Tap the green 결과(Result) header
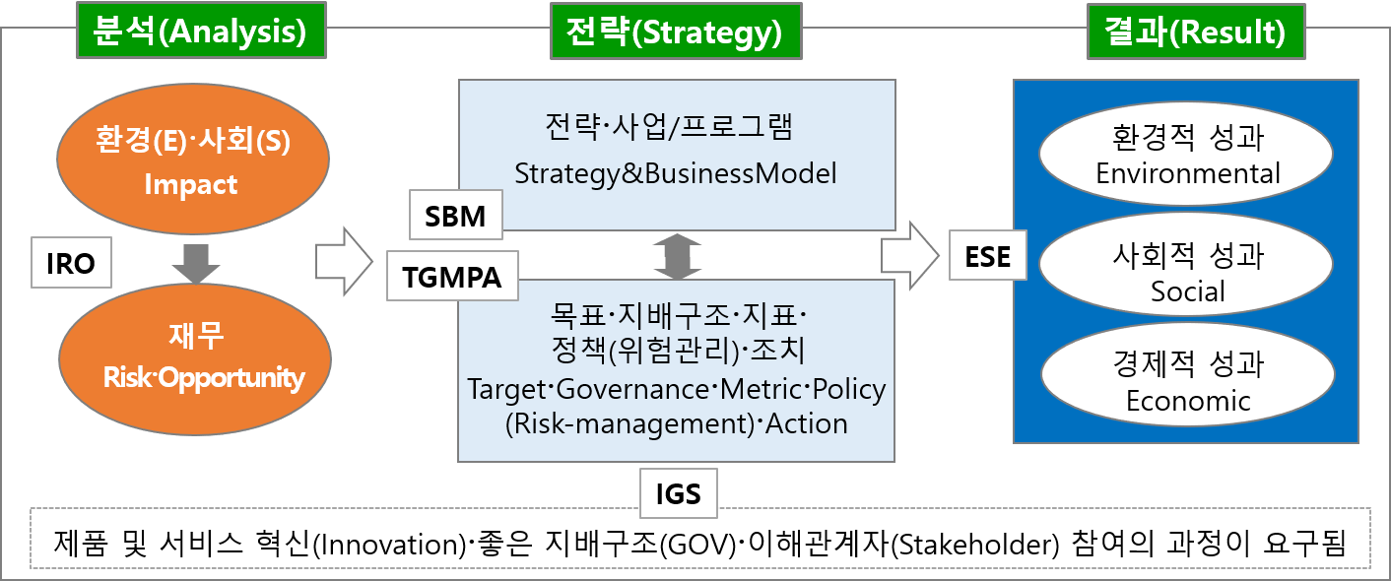click(1196, 32)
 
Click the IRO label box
click(71, 263)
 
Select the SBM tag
click(455, 215)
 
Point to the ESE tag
click(988, 256)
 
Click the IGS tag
click(678, 491)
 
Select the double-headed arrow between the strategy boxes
click(676, 257)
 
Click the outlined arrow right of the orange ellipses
click(343, 260)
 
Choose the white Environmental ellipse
click(1186, 156)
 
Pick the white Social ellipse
click(1186, 273)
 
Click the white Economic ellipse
click(1186, 382)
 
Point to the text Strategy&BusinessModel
click(675, 174)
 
